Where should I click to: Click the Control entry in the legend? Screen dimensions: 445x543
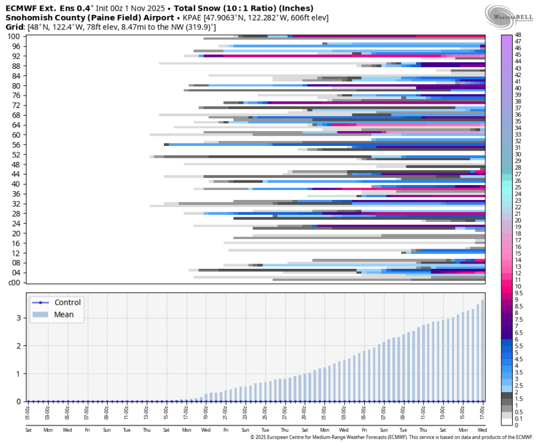point(67,303)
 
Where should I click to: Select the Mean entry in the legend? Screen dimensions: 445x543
point(64,314)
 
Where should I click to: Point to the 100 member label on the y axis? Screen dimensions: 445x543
point(14,37)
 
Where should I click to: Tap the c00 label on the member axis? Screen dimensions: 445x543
point(15,282)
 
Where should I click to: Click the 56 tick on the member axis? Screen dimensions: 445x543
point(16,145)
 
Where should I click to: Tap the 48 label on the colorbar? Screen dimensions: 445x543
point(518,35)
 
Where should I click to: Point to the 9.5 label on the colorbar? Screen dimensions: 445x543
point(519,293)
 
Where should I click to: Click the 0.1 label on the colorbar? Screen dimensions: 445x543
point(519,418)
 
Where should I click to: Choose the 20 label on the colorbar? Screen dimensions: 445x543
point(518,221)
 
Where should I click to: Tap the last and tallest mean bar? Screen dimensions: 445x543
point(482,351)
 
